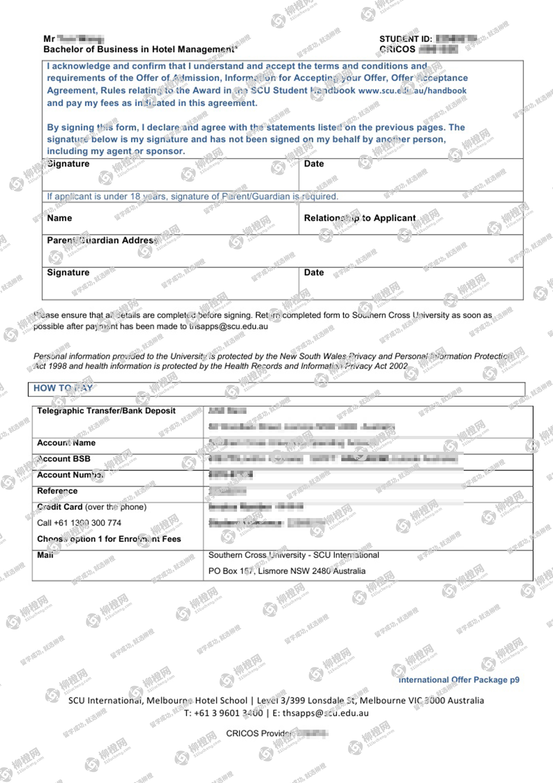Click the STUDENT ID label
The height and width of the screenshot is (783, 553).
(405, 39)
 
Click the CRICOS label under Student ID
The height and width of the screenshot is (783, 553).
(397, 49)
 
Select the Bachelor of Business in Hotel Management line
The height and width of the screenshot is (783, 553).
(140, 49)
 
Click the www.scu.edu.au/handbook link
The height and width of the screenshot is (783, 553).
(412, 91)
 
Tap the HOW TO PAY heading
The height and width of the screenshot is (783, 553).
(63, 388)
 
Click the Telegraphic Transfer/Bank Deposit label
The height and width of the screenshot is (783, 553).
(106, 411)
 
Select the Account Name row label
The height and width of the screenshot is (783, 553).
(66, 443)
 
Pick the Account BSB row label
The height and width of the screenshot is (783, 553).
(64, 459)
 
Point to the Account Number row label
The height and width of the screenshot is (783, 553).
(70, 475)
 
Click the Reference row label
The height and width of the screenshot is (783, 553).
(57, 491)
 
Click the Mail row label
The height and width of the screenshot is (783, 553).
(45, 555)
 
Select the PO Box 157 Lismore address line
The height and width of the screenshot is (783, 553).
(287, 571)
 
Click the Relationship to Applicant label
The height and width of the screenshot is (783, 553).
(359, 218)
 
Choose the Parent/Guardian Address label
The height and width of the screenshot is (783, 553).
(103, 240)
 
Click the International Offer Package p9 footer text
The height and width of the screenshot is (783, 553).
(459, 680)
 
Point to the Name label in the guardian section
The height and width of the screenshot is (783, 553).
(60, 218)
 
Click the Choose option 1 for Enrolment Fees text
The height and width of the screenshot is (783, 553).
(109, 539)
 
